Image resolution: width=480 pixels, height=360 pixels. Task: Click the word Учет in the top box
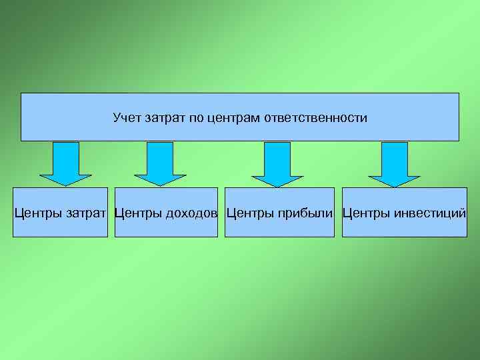(125, 118)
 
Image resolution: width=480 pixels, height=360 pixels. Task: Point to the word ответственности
(316, 118)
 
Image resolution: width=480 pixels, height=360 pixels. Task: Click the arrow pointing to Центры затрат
(65, 163)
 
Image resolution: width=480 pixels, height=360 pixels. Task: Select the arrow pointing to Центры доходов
(159, 163)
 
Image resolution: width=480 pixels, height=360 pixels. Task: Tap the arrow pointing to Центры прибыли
(277, 163)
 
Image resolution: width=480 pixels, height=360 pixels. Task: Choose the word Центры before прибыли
(248, 213)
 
